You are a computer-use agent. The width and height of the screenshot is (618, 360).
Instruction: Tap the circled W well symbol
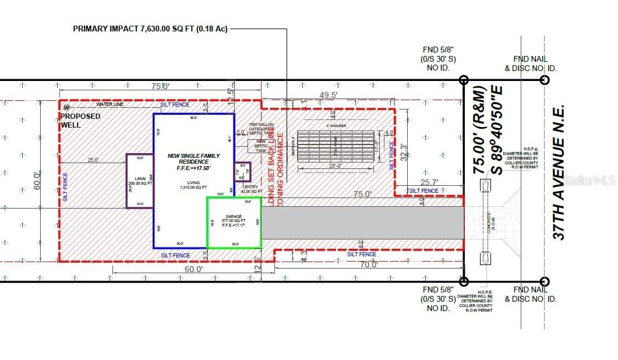(66, 107)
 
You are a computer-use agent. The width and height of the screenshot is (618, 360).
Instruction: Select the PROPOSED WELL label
(81, 121)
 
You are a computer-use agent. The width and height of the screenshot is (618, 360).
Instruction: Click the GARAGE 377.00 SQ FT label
(233, 224)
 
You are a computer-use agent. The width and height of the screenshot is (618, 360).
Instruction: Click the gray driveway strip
(361, 223)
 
